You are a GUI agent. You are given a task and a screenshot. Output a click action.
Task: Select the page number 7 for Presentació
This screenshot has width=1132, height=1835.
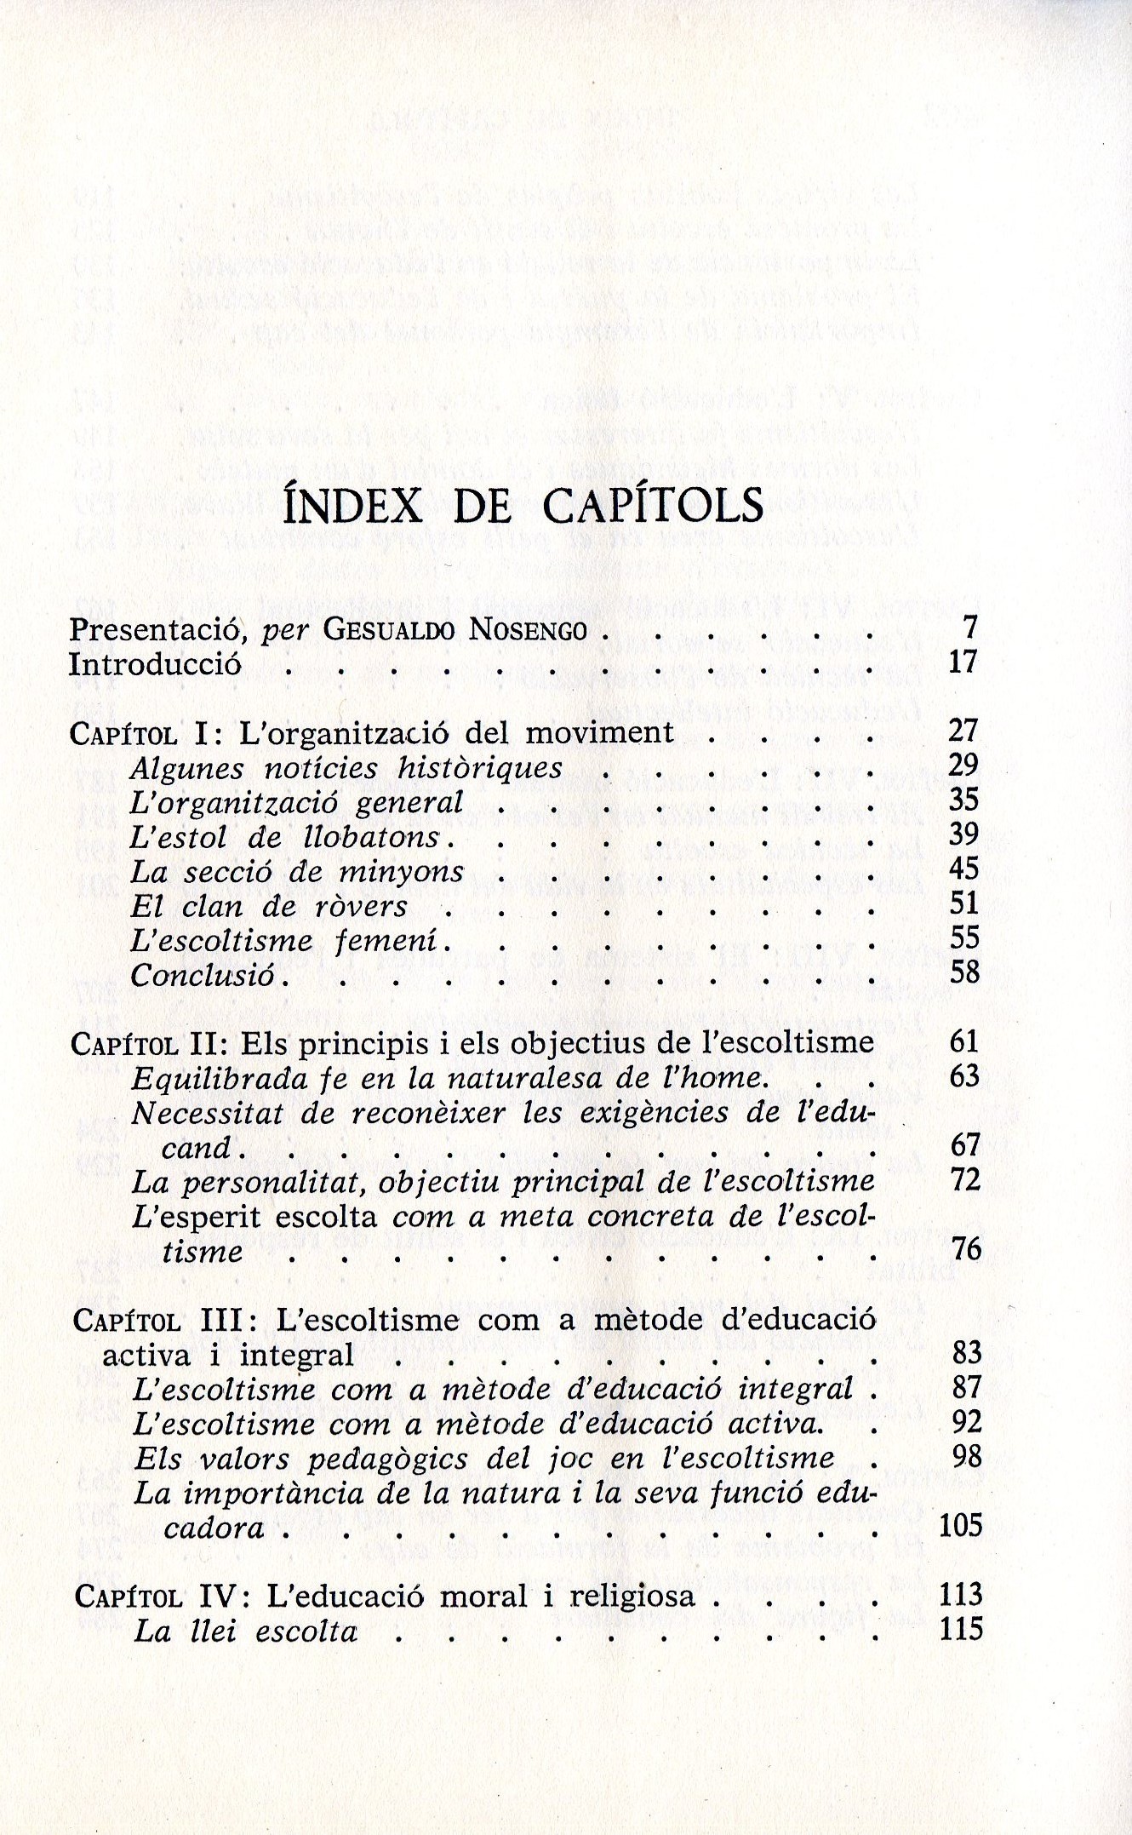click(x=969, y=628)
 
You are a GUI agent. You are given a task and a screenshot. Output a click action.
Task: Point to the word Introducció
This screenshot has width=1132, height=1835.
click(x=155, y=664)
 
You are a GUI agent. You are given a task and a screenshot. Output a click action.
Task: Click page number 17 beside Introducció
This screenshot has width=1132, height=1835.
click(x=963, y=662)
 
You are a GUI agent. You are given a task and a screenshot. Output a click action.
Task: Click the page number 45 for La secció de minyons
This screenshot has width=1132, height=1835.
click(x=964, y=869)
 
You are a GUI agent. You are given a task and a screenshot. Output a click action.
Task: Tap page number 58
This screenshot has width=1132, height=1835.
click(x=964, y=972)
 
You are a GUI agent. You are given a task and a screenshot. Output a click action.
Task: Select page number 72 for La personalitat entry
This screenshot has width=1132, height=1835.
click(x=965, y=1180)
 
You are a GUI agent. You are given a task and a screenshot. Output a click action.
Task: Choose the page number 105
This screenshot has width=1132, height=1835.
click(x=961, y=1525)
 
